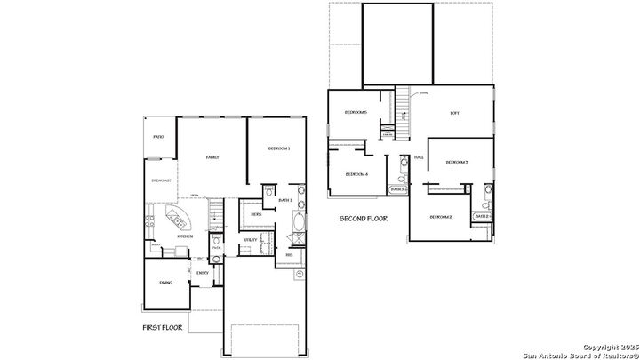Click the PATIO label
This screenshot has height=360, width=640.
tap(158, 137)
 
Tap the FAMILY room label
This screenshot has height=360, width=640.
tap(212, 157)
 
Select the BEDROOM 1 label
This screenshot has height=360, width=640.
tap(281, 148)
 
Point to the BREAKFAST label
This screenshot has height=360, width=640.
tap(161, 180)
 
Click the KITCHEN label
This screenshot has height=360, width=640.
tap(184, 236)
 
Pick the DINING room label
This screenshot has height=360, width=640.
tap(165, 282)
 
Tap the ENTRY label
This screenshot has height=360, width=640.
tap(202, 272)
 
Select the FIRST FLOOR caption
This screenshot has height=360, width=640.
tap(162, 328)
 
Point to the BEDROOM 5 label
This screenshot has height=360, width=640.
tap(356, 112)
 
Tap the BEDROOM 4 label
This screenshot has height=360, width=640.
tap(356, 174)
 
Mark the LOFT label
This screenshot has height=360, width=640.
tap(454, 113)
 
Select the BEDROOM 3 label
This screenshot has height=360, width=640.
tap(457, 162)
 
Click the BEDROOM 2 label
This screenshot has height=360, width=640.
tap(441, 217)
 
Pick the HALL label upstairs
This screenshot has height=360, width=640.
tap(418, 157)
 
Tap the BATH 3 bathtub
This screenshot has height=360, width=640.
tap(397, 189)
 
